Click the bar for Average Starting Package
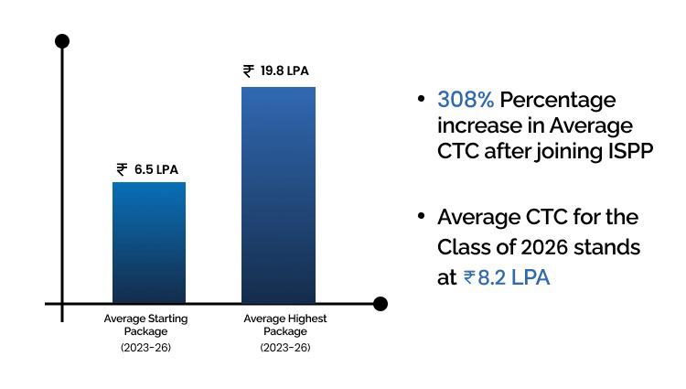coord(149,243)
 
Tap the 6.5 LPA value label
coord(156,169)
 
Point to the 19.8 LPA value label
coord(285,70)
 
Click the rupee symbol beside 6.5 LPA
coord(123,169)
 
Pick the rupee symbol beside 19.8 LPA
coord(249,70)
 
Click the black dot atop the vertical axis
coord(62,41)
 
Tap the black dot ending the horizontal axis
coord(381,304)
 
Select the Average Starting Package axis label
coord(146,325)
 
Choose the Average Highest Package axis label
coord(285,325)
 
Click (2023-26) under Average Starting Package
coord(146,348)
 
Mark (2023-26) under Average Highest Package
coord(285,348)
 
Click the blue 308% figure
coord(465,99)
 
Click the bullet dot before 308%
coord(421,98)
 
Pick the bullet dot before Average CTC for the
coord(421,216)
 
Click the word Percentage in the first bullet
coord(557,100)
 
